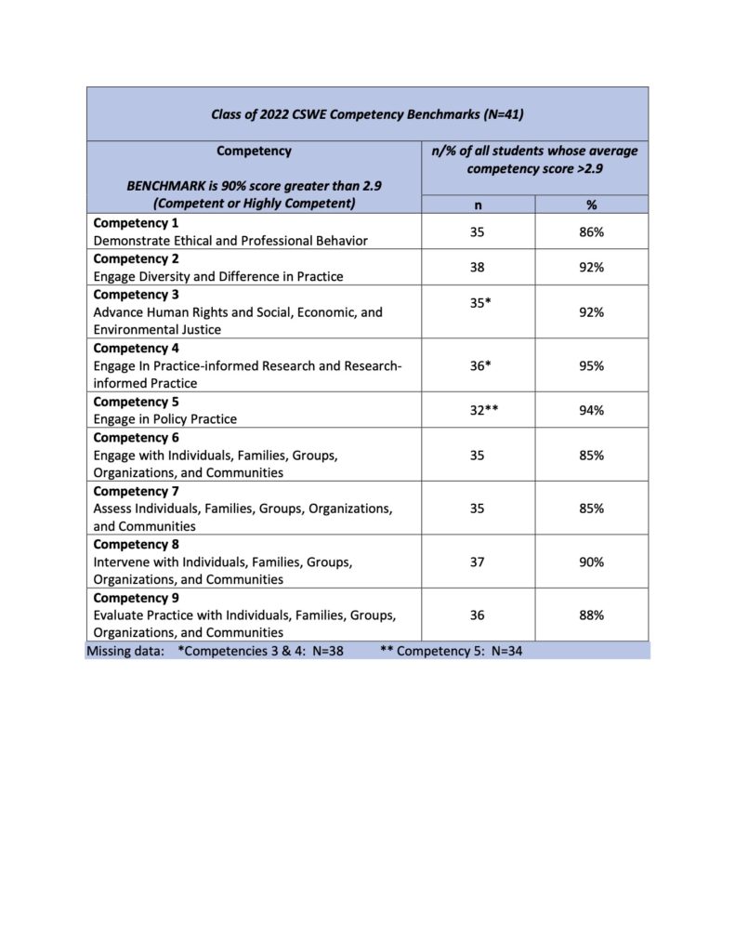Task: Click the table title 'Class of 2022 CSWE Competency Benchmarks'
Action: [367, 114]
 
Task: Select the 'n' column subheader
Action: [478, 205]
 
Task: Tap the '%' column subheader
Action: [591, 205]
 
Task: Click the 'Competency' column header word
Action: [254, 151]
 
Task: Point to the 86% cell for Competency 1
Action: [591, 231]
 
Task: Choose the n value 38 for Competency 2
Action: [478, 267]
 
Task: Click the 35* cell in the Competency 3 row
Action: [479, 302]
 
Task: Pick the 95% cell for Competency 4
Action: [591, 365]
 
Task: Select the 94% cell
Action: [591, 410]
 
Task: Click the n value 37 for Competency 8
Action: [478, 562]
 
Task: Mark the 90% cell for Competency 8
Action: [591, 562]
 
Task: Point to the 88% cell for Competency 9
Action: [591, 615]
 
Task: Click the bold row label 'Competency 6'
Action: [137, 437]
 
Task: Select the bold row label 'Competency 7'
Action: [137, 491]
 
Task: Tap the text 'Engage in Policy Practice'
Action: [164, 419]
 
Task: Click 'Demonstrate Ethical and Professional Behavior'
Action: [230, 241]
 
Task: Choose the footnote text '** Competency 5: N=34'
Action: [452, 651]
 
